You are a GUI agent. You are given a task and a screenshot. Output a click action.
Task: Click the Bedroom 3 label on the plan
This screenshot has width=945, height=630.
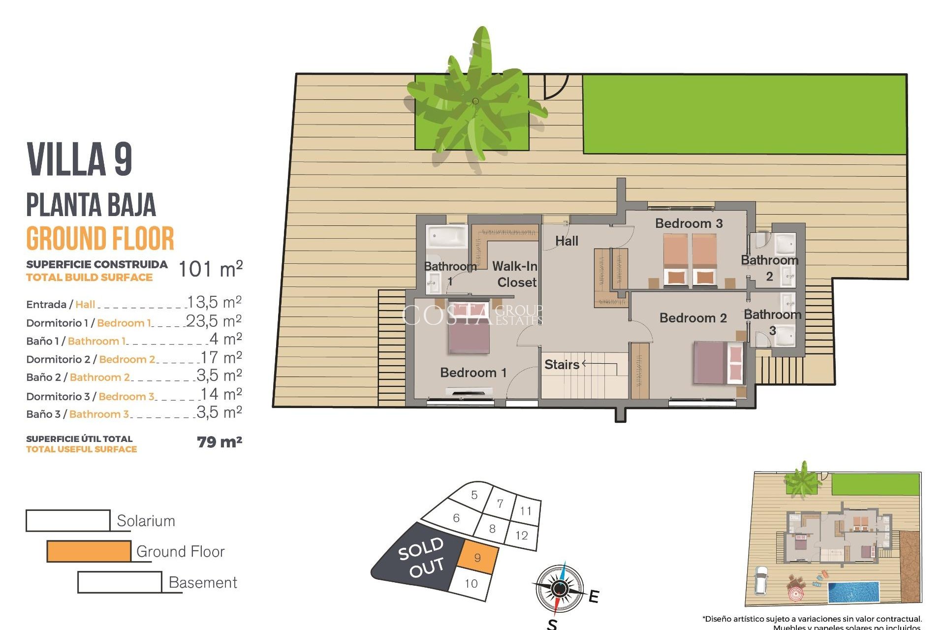point(689,223)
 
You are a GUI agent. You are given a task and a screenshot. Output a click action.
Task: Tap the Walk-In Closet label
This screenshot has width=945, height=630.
point(515,274)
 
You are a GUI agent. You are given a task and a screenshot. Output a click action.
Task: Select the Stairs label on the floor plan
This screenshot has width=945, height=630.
point(562,365)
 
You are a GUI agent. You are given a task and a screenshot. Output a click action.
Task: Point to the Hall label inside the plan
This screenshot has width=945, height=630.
point(567,241)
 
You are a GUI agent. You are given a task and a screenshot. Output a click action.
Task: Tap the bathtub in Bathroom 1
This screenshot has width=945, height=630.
point(446,236)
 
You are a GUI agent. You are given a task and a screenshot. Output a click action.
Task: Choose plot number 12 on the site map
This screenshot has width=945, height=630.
point(522,535)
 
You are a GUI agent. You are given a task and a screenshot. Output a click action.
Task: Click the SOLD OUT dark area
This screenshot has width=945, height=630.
point(418,559)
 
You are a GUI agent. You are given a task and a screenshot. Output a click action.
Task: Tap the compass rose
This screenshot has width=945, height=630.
point(559,588)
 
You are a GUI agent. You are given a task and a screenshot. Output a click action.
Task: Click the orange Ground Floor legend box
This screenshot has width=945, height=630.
point(89,551)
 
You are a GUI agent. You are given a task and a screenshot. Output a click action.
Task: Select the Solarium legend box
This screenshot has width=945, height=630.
point(68,521)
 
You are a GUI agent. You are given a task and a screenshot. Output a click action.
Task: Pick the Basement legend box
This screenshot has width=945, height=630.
point(120,582)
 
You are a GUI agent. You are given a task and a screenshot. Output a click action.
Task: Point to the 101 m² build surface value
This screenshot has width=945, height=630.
point(210,269)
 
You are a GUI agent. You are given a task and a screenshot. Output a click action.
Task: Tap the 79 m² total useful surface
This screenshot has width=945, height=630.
point(220,442)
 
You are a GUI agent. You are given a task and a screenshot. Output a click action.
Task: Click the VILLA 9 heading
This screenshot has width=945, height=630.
point(80,159)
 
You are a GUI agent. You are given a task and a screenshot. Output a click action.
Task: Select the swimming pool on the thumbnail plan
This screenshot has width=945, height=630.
point(853,592)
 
